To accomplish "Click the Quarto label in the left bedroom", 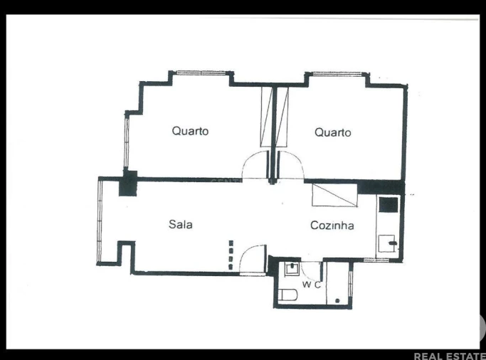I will [x=190, y=131].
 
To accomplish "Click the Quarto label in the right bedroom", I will [x=332, y=132].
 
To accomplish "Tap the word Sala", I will [x=180, y=224].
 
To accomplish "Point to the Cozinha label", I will [x=332, y=226].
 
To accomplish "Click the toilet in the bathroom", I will [x=288, y=295].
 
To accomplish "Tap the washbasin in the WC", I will [x=291, y=269].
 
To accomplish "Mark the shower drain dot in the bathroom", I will [x=337, y=301].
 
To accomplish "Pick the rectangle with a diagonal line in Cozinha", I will [x=334, y=195].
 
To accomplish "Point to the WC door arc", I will [x=312, y=271].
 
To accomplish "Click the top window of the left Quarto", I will [x=201, y=73].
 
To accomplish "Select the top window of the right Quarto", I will [x=336, y=73].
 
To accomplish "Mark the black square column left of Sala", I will [x=128, y=184].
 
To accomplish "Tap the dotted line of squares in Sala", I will [x=230, y=255].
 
